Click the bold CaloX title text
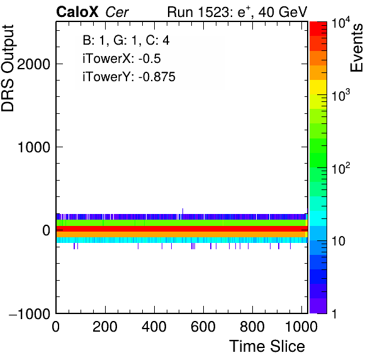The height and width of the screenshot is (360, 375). point(77,12)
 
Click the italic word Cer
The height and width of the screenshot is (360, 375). point(117,12)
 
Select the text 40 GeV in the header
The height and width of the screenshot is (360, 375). point(283,12)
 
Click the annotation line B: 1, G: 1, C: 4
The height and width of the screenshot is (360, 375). point(126,40)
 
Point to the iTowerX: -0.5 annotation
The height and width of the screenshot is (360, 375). point(121,59)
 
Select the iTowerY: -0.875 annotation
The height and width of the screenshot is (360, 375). point(129,77)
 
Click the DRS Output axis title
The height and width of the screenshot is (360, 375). point(8,68)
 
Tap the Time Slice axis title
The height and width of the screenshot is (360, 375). point(267,346)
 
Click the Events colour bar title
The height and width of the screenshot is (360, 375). point(356,48)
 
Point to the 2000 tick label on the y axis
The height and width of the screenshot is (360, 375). point(34,64)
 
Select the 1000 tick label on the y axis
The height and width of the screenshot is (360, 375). point(34,147)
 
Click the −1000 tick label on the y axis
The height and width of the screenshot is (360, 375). point(30,313)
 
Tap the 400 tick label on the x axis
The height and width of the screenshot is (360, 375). point(154,327)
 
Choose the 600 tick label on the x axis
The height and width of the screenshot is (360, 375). point(203,327)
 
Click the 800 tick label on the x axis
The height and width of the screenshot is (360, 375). point(252,327)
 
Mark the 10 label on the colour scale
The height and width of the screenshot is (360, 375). point(338,241)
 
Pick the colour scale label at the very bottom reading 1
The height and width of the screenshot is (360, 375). point(335,313)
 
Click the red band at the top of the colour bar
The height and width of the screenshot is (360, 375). point(318,29)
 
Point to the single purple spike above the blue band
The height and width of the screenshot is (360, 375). point(182,211)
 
